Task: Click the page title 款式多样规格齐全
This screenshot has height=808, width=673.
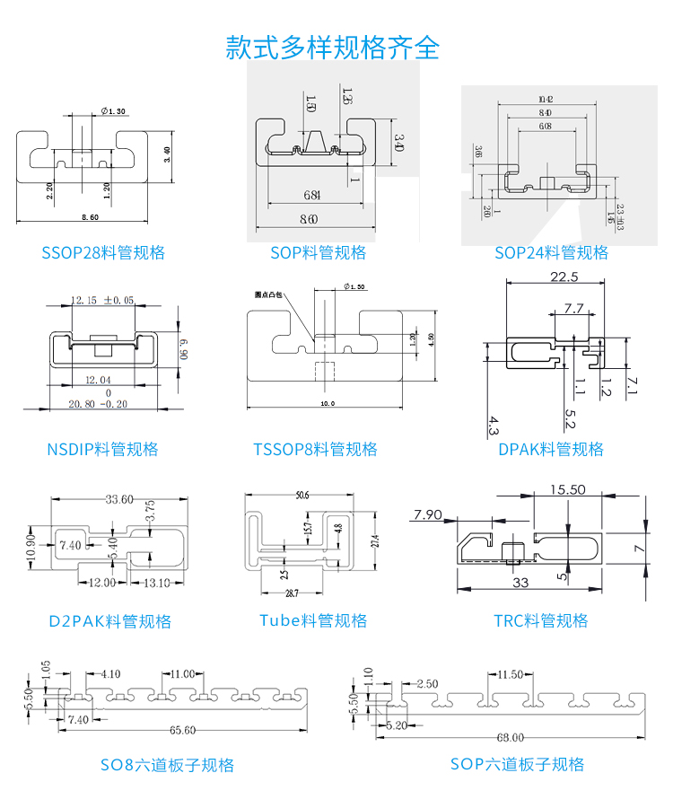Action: point(333,47)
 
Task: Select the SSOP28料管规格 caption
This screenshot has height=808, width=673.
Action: point(103,252)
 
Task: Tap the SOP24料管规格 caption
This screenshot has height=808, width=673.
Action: point(551,252)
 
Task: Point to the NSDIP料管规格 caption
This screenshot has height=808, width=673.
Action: point(102,449)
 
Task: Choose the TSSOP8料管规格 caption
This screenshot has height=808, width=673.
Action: point(315,449)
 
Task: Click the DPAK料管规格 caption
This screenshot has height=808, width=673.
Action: point(551,449)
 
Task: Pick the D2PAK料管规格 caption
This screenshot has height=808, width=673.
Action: point(109,620)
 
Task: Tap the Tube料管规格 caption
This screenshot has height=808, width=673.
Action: point(313,620)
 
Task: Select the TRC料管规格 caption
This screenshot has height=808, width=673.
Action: point(540,620)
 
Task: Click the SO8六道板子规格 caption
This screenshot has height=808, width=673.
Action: point(167,765)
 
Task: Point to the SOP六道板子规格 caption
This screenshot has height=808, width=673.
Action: point(517,764)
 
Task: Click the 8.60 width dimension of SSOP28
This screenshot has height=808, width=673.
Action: point(91,217)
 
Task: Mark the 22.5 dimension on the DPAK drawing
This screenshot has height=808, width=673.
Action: point(564,277)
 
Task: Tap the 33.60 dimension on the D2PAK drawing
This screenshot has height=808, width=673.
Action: point(119,499)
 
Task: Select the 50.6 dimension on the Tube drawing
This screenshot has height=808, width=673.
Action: point(302,495)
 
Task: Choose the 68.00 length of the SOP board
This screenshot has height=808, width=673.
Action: point(510,737)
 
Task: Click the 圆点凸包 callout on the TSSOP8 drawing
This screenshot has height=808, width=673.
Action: point(268,294)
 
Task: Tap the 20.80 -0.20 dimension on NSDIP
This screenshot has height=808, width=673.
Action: point(98,404)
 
